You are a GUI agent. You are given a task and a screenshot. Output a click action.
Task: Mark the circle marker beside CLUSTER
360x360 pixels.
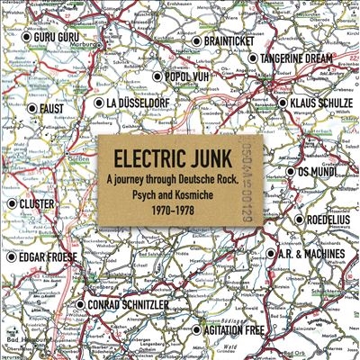click(x=12, y=204)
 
